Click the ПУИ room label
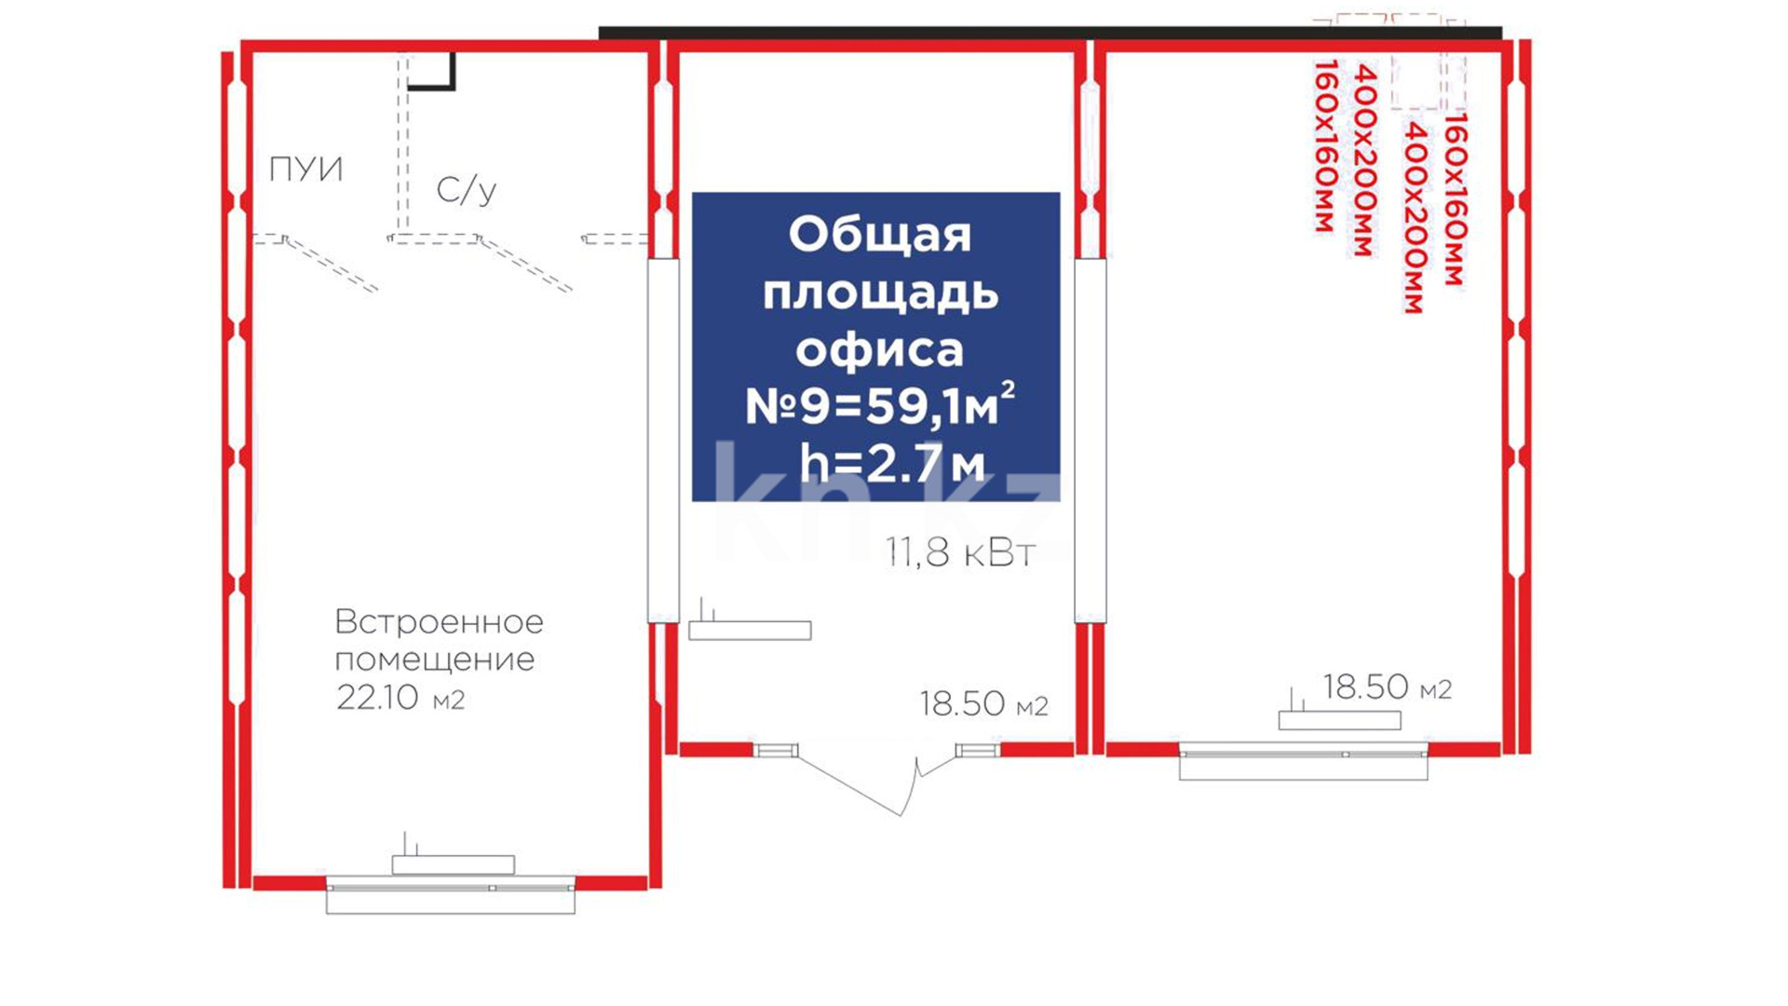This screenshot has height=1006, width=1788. pyautogui.click(x=305, y=170)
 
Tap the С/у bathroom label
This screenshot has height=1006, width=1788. pyautogui.click(x=466, y=190)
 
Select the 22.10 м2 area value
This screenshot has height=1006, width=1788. pyautogui.click(x=400, y=698)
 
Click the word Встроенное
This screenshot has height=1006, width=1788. pyautogui.click(x=439, y=621)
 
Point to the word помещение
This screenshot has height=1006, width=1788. pyautogui.click(x=434, y=660)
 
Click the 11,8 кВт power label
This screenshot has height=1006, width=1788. pyautogui.click(x=960, y=552)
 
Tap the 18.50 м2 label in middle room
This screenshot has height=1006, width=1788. pyautogui.click(x=983, y=704)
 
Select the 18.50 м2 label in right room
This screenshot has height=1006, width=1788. pyautogui.click(x=1387, y=687)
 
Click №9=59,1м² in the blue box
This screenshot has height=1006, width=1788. pyautogui.click(x=879, y=405)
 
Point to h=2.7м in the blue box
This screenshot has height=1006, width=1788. pyautogui.click(x=891, y=463)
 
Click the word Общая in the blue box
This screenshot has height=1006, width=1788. pyautogui.click(x=879, y=235)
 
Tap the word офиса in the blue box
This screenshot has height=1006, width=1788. pyautogui.click(x=879, y=349)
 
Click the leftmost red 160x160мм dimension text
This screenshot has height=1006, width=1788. pyautogui.click(x=1324, y=145)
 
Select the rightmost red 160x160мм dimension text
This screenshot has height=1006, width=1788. pyautogui.click(x=1454, y=198)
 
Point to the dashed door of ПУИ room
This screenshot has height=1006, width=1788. pyautogui.click(x=332, y=265)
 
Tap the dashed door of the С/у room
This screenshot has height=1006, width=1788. pyautogui.click(x=525, y=265)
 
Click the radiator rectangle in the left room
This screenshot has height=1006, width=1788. pyautogui.click(x=453, y=864)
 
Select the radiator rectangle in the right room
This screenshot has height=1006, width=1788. pyautogui.click(x=1339, y=720)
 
